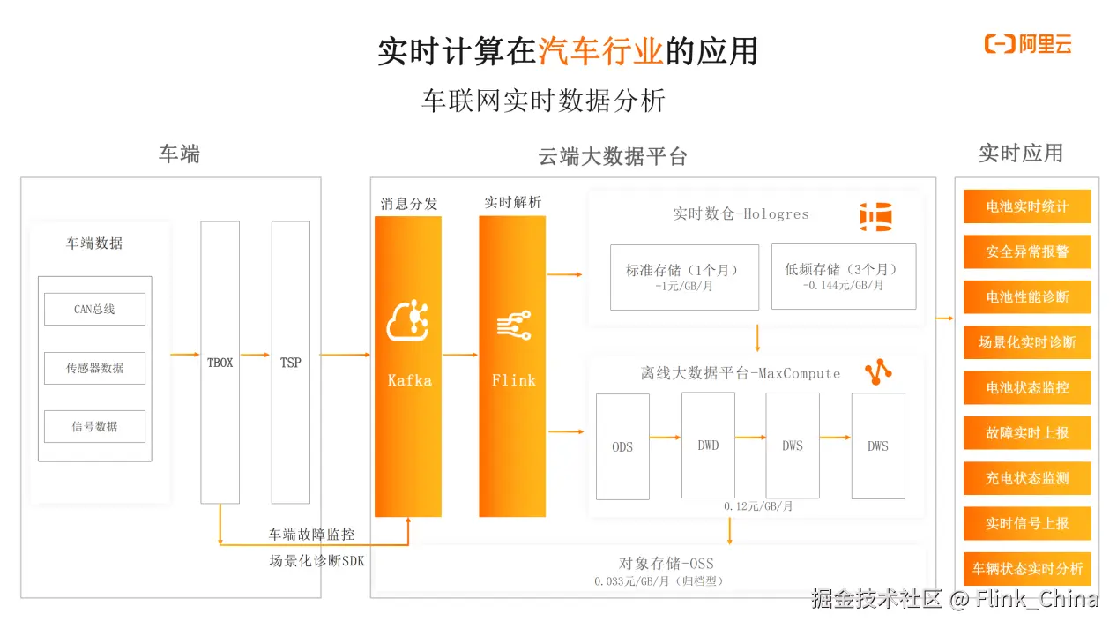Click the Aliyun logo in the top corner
point(1027,44)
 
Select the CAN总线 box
point(94,310)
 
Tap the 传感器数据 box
point(94,368)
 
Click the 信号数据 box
point(94,426)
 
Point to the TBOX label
point(220,363)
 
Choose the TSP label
point(290,363)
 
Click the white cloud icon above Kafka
point(408,321)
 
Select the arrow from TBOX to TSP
point(255,355)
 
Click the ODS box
point(622,446)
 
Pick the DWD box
point(708,446)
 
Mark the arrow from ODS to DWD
point(666,437)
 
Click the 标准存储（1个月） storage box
point(684,276)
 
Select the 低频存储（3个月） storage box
point(843,276)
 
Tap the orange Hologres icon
point(875,217)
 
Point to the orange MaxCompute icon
point(877,373)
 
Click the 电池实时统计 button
point(1027,206)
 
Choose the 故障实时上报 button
point(1027,433)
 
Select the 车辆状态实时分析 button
point(1027,569)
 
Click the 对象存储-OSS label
point(666,564)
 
